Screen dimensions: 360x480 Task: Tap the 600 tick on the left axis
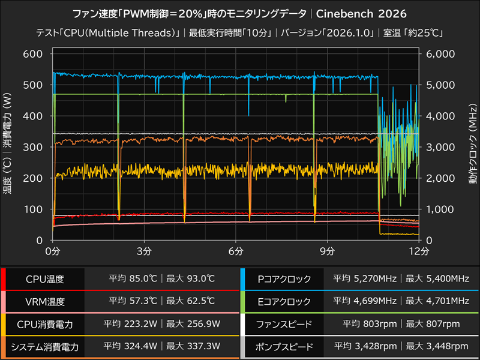(34, 54)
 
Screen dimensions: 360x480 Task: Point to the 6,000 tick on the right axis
(441, 54)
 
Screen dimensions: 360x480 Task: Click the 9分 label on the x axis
(328, 250)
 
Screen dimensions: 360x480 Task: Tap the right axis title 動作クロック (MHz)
(472, 146)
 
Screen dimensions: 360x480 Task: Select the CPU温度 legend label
(44, 279)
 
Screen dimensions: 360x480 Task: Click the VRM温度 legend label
(44, 301)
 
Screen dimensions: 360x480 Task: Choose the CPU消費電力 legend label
(44, 324)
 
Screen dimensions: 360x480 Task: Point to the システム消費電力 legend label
(44, 346)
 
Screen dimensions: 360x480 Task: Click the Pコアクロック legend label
(284, 279)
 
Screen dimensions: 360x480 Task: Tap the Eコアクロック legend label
(284, 301)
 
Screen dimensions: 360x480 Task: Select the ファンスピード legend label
(284, 324)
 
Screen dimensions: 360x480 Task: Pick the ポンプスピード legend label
(284, 346)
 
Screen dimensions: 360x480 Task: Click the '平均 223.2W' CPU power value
(131, 324)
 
